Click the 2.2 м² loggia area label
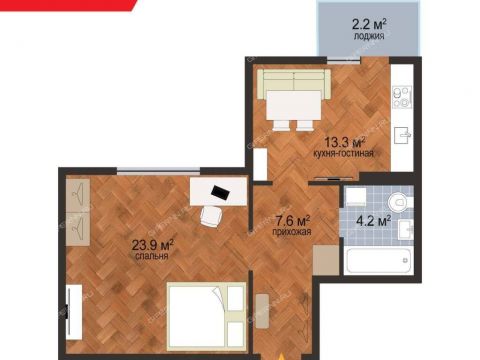point(369,24)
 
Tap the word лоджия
point(369,36)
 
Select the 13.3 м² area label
point(345,143)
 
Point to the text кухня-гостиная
point(343,154)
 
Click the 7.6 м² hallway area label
point(292,221)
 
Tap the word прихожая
point(292,232)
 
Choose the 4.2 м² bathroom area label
point(373,221)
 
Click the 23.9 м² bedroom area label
point(153,245)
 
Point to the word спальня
point(152,256)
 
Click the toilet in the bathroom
point(400,202)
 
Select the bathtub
point(378,260)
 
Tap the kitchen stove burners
point(402,97)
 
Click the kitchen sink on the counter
point(402,135)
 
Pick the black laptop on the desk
point(220,192)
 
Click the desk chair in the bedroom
point(211,217)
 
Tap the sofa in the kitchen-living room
point(294,83)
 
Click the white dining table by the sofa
point(294,105)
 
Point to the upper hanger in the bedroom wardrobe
point(78,195)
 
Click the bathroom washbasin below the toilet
point(406,229)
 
